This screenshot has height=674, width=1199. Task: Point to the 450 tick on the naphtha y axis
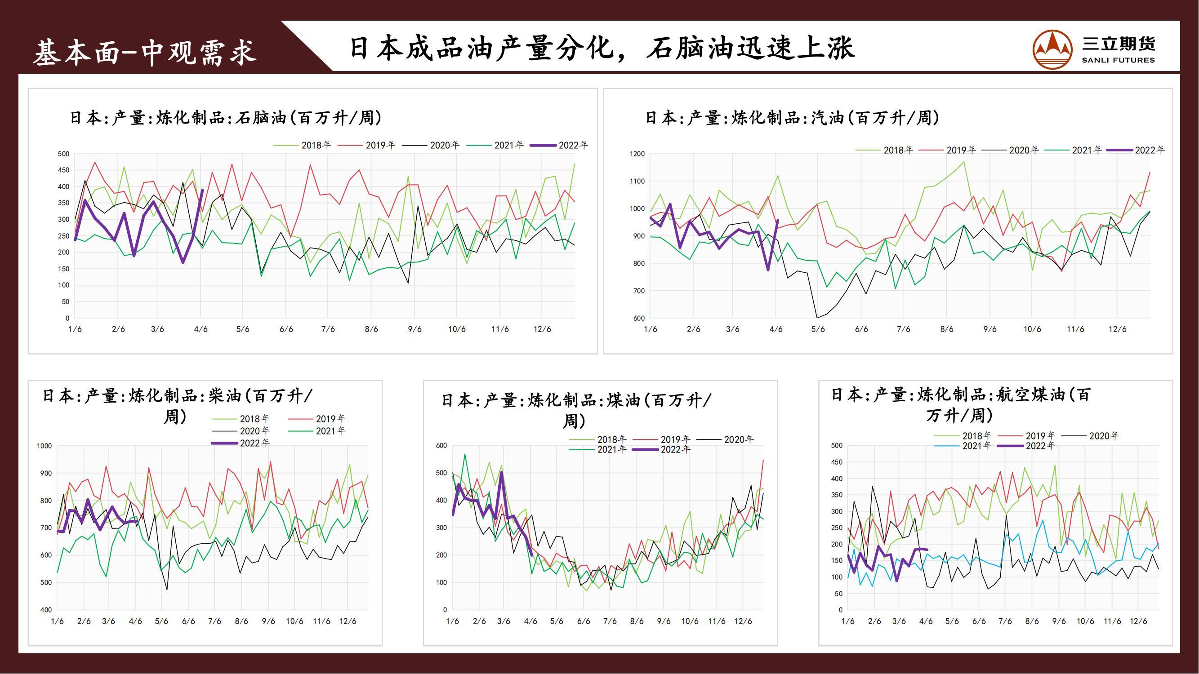click(x=64, y=170)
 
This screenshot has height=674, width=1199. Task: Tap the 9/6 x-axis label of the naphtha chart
click(x=414, y=329)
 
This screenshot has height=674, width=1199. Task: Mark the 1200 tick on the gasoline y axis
click(x=637, y=154)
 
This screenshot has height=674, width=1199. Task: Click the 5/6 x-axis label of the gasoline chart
click(x=818, y=329)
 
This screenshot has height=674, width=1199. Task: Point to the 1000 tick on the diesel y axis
click(x=44, y=446)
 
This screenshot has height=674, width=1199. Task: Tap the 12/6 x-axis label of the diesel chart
click(x=347, y=621)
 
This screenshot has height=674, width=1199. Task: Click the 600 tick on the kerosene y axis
click(x=441, y=446)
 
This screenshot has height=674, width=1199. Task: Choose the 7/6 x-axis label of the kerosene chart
click(x=610, y=621)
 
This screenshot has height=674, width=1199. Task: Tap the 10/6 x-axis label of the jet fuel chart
click(x=1085, y=621)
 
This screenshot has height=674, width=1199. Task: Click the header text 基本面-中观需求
click(x=145, y=52)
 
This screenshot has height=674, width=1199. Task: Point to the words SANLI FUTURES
click(x=1118, y=60)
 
